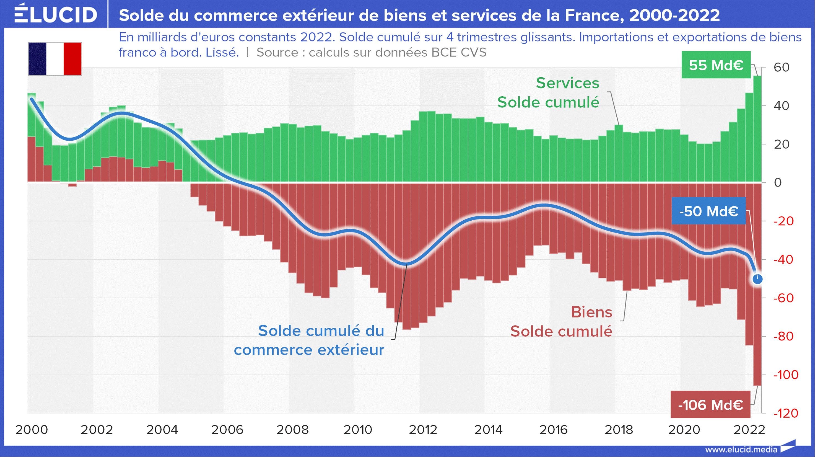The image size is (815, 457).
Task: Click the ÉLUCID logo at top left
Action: click(x=56, y=14)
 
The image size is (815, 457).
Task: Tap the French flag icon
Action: click(x=55, y=59)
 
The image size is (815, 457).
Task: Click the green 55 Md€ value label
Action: click(x=716, y=65)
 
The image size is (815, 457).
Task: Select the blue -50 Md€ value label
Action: click(x=709, y=211)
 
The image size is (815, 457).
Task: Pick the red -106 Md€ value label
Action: click(x=710, y=405)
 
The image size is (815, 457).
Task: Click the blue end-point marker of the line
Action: click(x=757, y=279)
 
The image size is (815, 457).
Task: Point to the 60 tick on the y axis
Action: click(x=782, y=68)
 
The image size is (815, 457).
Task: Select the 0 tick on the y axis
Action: click(x=778, y=183)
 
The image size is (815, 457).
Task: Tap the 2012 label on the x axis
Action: click(x=423, y=430)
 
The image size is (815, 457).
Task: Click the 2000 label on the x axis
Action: click(x=32, y=430)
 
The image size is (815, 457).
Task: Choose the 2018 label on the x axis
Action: click(x=619, y=430)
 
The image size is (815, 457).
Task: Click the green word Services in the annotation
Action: click(x=568, y=83)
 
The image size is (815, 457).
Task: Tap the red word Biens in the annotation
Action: click(x=592, y=312)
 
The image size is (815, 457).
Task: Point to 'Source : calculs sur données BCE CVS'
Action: click(x=371, y=53)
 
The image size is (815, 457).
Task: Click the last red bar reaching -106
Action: click(x=757, y=285)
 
